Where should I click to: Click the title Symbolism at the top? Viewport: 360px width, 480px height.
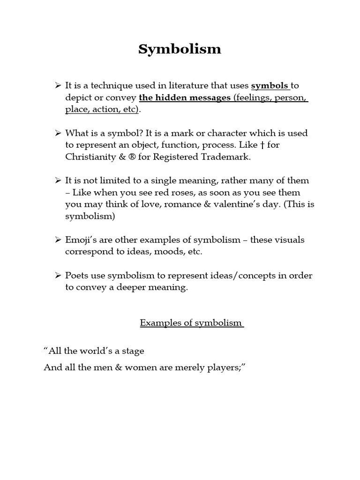coord(180,49)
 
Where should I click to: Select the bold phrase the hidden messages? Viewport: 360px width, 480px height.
coord(184,97)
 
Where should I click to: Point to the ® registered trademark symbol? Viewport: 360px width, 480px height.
coord(131,157)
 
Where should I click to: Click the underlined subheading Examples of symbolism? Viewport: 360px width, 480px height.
coord(191,323)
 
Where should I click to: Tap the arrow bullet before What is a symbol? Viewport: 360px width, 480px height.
coord(58,133)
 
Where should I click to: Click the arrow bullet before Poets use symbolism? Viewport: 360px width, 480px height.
coord(58,276)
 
